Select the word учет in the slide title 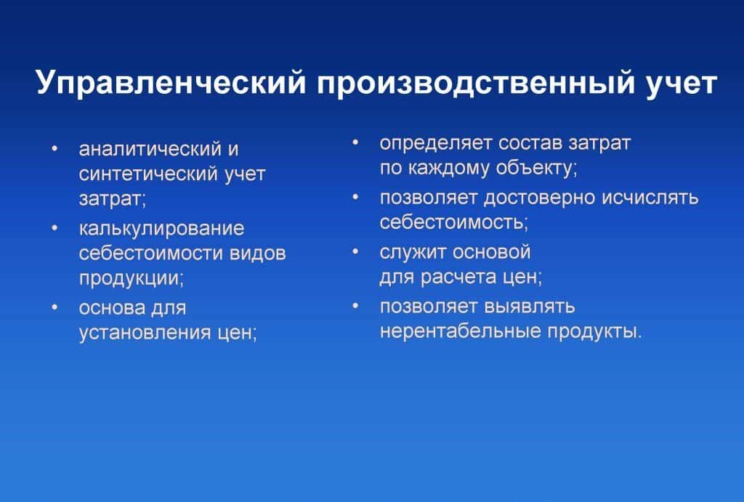coord(682,84)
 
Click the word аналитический coord(150,149)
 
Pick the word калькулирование coord(162,229)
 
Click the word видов coord(258,254)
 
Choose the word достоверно coord(540,198)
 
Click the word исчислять coord(650,198)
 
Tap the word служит coord(413,252)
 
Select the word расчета coord(458,277)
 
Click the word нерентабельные coord(460,331)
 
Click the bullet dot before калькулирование coord(55,229)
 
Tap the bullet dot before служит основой coord(355,252)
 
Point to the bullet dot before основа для coord(55,307)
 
